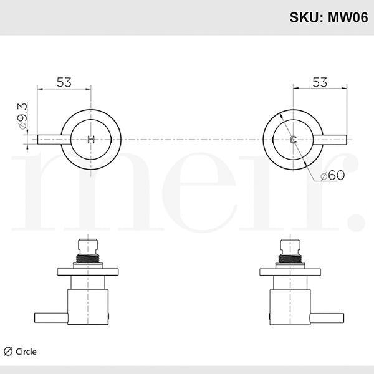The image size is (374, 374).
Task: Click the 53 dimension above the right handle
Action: (319, 82)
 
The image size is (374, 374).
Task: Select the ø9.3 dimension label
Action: (23, 117)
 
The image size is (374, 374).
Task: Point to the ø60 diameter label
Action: (332, 176)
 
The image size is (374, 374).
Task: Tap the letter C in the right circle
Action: (292, 139)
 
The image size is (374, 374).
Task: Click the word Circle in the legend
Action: (26, 352)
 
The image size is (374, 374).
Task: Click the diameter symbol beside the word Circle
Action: (8, 352)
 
